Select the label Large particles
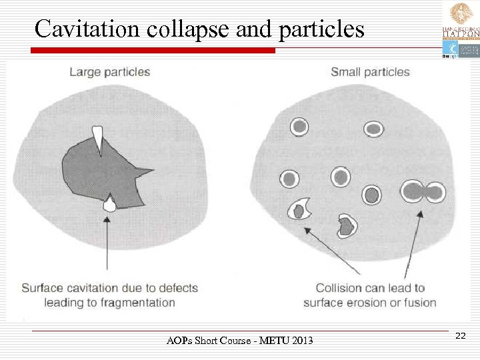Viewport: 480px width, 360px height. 109,72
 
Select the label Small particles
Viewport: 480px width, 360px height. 370,72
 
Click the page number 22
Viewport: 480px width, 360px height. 460,337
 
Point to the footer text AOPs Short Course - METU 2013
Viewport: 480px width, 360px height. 239,342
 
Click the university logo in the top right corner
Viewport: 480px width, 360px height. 460,30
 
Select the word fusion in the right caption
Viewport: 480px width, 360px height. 419,302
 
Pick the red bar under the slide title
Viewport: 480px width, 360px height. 153,50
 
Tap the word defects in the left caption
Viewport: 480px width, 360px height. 176,288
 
